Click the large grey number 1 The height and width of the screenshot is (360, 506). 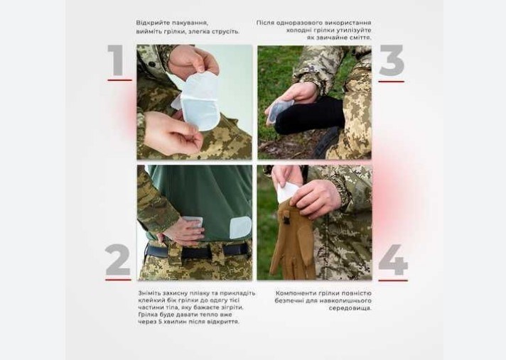(116, 60)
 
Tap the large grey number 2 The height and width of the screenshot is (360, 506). (117, 260)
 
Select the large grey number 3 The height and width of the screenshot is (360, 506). (392, 60)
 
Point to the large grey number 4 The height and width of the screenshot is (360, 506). (393, 260)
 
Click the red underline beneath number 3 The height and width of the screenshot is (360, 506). (391, 82)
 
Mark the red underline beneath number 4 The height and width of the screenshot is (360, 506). (393, 280)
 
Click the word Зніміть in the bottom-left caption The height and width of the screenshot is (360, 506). (149, 293)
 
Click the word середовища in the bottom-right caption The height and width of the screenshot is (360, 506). (350, 308)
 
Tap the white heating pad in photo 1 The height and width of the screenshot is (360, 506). (200, 100)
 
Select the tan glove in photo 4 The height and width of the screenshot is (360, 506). (292, 240)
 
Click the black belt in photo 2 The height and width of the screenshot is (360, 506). (198, 251)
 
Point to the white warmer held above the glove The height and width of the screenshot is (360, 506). (288, 192)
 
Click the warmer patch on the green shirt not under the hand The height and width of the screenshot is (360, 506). (240, 227)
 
